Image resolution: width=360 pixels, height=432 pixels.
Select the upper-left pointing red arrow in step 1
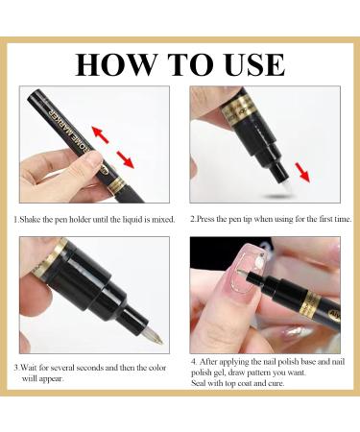click(100, 134)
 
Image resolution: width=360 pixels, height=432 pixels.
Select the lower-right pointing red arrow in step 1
click(125, 159)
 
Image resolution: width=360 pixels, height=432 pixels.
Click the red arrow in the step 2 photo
click(302, 172)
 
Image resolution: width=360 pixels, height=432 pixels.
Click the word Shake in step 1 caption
click(30, 220)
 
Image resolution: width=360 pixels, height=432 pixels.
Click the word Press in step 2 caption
click(205, 219)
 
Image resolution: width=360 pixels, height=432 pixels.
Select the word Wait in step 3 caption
click(30, 368)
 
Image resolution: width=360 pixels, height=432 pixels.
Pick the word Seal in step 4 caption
click(198, 383)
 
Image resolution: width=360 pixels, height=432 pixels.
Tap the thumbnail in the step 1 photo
click(93, 159)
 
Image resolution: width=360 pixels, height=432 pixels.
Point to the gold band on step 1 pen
click(118, 185)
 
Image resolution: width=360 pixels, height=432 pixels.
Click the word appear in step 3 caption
click(51, 378)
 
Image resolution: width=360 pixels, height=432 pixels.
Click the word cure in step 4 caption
click(276, 383)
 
